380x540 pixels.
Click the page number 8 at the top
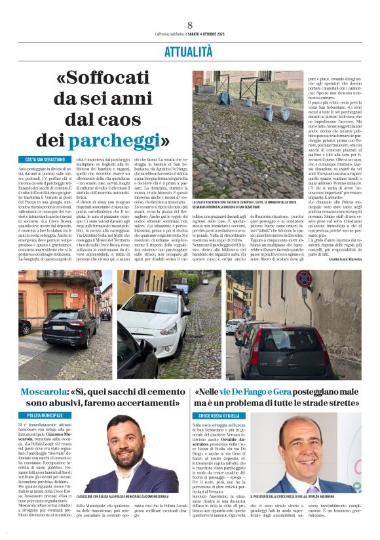point(189,24)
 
